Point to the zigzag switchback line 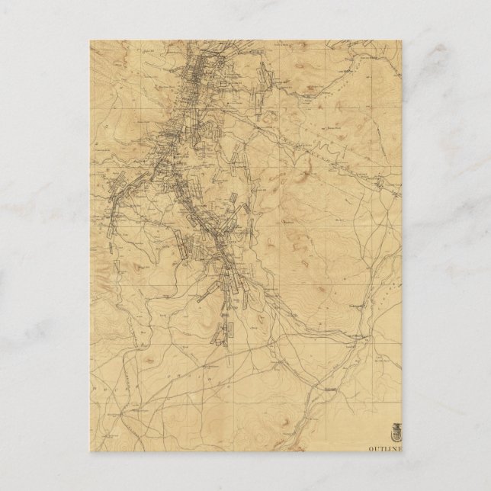click(326, 143)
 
